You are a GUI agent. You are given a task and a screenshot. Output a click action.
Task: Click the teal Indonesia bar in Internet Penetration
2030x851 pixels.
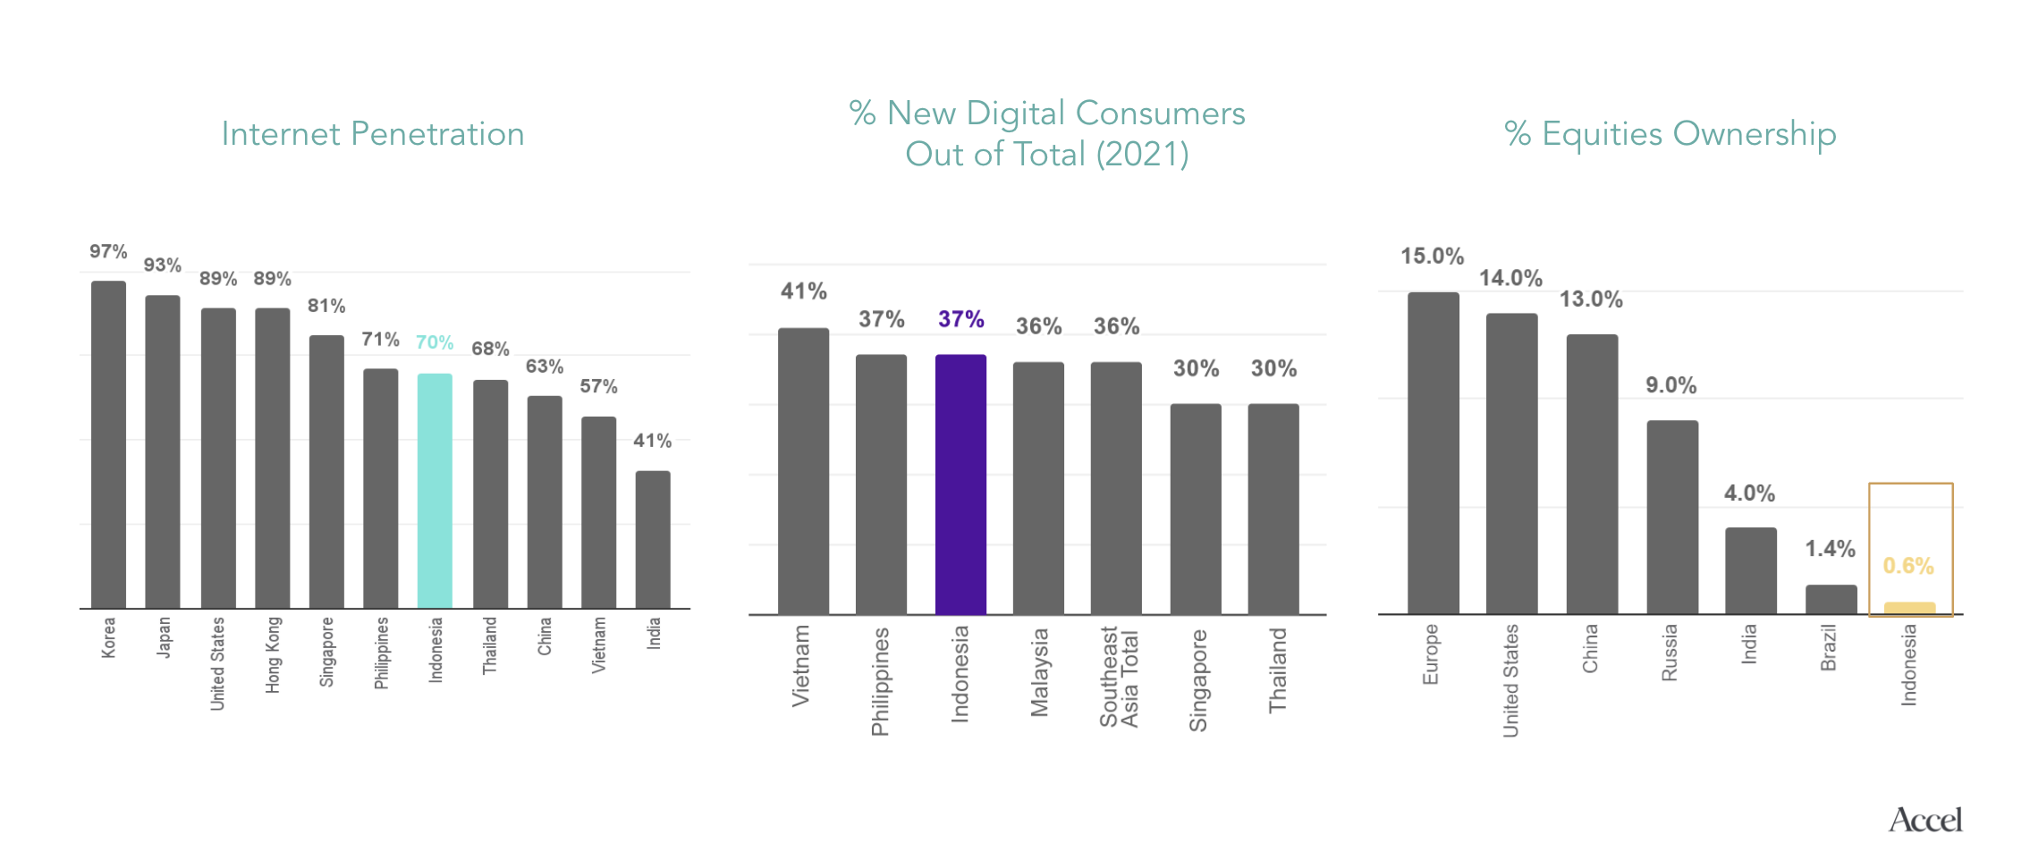coord(435,491)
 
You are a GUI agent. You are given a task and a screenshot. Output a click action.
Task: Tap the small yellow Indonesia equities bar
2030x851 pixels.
coord(1909,609)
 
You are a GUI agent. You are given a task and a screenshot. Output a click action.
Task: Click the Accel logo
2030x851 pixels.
coord(1924,820)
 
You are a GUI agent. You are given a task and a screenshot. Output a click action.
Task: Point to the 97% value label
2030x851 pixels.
coord(108,252)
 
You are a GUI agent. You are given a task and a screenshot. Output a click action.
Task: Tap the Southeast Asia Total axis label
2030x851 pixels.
coord(1118,677)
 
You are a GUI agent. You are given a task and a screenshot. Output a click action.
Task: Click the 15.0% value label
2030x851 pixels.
coord(1432,257)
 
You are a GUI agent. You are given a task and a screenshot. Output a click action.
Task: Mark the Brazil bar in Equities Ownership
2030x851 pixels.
coord(1831,600)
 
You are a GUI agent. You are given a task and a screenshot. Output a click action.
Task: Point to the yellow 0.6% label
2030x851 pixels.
coord(1908,566)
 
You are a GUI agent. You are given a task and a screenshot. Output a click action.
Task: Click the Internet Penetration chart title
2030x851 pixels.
coord(373,134)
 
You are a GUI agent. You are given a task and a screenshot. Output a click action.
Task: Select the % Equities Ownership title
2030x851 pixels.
coord(1670,134)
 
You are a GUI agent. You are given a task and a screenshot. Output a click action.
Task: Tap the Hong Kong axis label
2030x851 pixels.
coord(273,655)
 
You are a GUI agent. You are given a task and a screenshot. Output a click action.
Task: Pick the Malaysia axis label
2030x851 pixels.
coord(1039,673)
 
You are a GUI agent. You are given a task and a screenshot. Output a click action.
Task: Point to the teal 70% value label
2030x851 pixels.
coord(435,342)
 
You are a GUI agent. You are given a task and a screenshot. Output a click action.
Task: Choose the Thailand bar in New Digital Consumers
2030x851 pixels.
coord(1273,509)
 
